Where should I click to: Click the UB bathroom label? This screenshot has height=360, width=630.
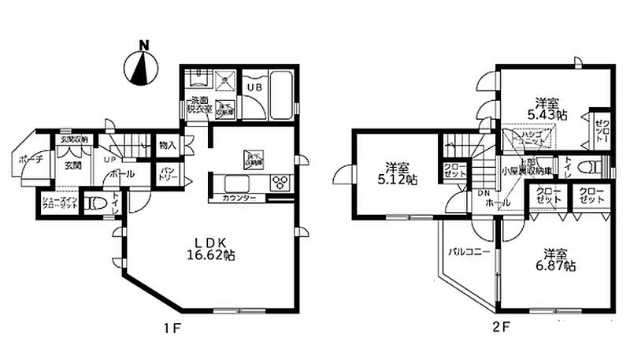pyautogui.click(x=256, y=87)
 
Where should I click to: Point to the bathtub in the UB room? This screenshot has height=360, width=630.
pyautogui.click(x=280, y=96)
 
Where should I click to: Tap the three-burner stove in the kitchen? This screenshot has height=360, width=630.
pyautogui.click(x=280, y=184)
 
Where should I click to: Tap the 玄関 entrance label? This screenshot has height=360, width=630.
pyautogui.click(x=73, y=165)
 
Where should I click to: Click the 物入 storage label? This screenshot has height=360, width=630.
pyautogui.click(x=167, y=145)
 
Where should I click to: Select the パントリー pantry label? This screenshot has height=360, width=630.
pyautogui.click(x=167, y=173)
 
